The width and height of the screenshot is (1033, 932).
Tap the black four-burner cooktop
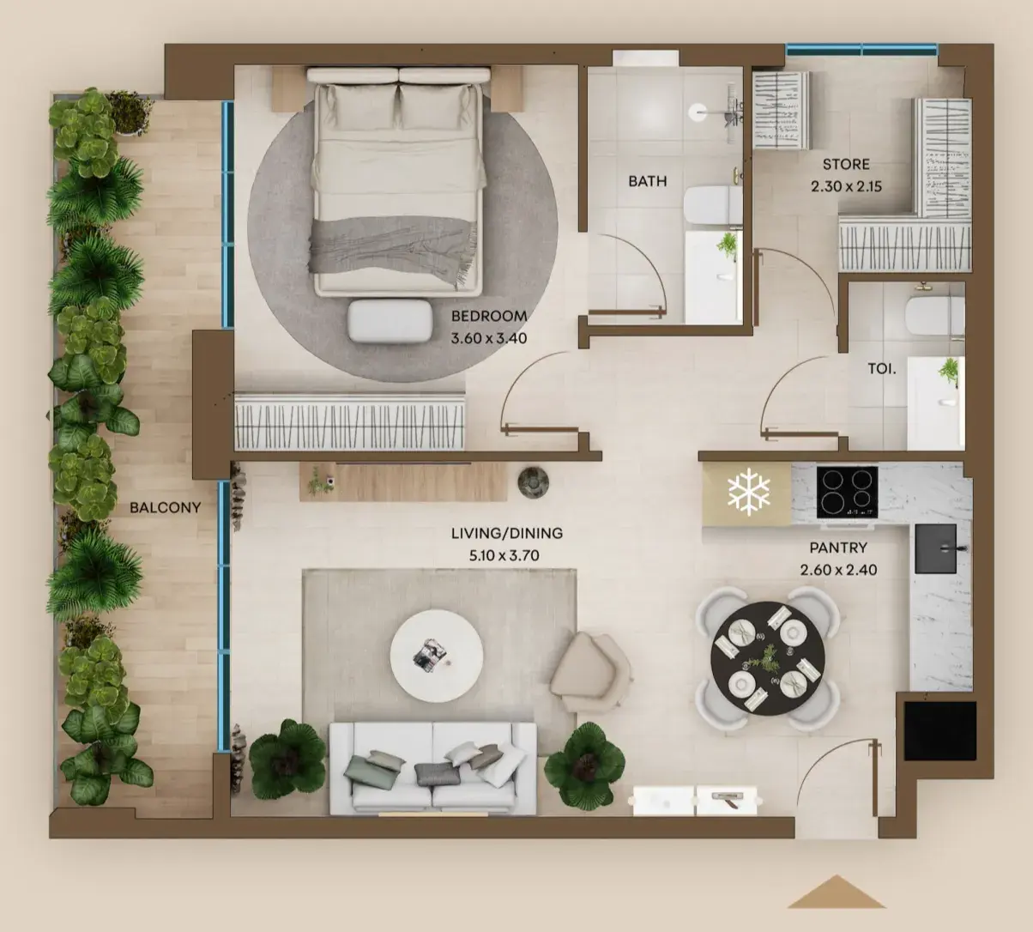[x=847, y=492]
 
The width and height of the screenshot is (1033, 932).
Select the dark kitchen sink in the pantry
[x=935, y=548]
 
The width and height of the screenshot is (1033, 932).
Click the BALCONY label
[x=166, y=507]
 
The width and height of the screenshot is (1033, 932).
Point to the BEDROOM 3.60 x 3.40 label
[x=489, y=327]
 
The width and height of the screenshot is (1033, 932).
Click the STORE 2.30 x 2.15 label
[x=846, y=175]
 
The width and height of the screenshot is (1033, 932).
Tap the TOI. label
[x=882, y=368]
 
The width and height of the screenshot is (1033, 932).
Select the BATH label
[x=647, y=181]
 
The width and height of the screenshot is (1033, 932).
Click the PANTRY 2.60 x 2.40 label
[x=838, y=559]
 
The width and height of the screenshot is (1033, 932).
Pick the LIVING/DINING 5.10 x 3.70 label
[x=507, y=544]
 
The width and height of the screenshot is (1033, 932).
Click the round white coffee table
[x=436, y=656]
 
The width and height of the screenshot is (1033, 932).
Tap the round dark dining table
[x=768, y=658]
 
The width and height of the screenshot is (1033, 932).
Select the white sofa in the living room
[x=432, y=769]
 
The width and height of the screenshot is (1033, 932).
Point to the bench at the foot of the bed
[x=390, y=321]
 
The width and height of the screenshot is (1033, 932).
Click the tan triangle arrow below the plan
[x=837, y=892]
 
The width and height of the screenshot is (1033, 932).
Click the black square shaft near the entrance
[x=940, y=730]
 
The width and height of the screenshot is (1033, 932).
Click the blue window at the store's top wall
[x=861, y=50]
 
